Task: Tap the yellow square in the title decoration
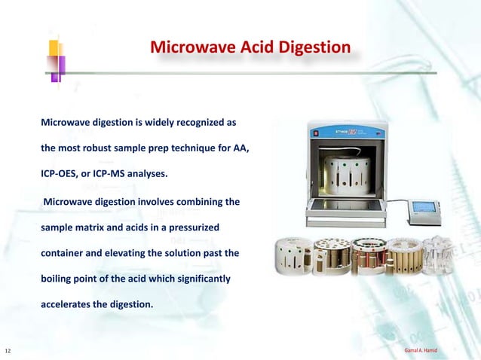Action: click(x=55, y=48)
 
